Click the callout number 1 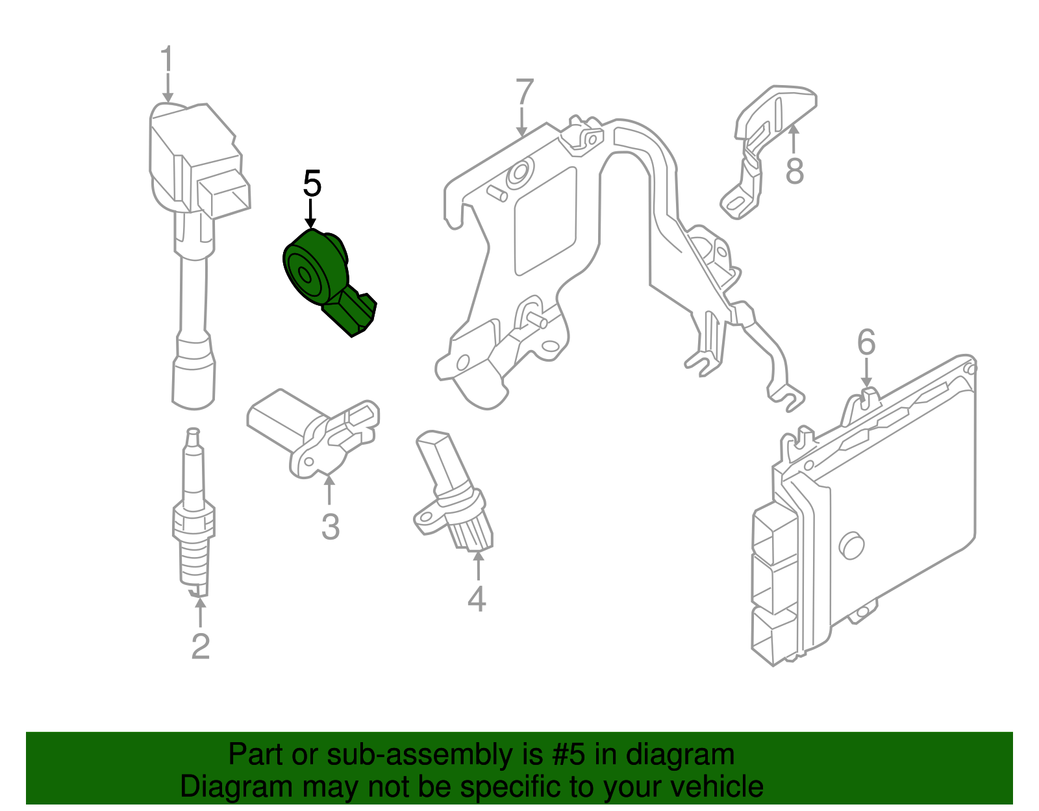point(167,60)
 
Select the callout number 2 point(200,646)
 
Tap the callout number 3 point(330,527)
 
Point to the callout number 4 point(477,599)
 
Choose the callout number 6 point(866,343)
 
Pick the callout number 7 point(524,93)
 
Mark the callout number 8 point(795,171)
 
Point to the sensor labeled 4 point(451,493)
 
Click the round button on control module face point(851,545)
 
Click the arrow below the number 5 point(312,214)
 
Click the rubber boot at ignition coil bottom point(194,383)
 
